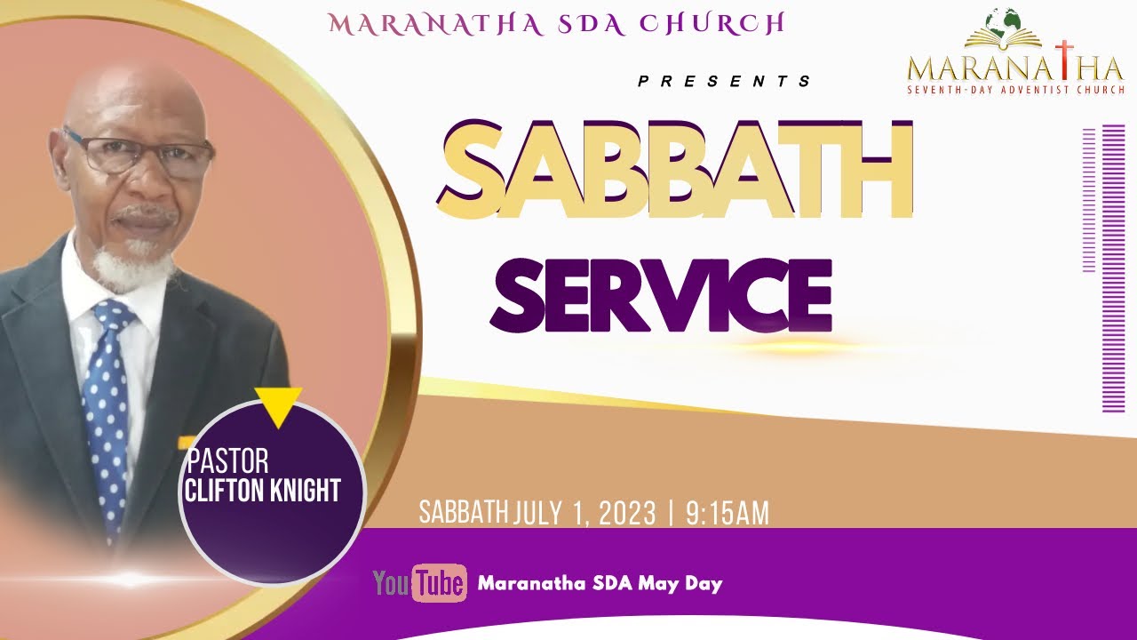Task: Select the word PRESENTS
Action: tap(724, 82)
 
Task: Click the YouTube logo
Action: tap(419, 583)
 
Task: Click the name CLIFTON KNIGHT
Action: tap(263, 490)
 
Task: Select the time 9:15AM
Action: tap(727, 514)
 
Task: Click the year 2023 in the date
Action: tap(626, 514)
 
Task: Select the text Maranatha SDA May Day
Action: tap(600, 584)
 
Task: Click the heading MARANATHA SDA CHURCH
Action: tap(557, 24)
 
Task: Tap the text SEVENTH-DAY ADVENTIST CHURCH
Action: tap(1015, 89)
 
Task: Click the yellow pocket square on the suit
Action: tap(187, 442)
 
